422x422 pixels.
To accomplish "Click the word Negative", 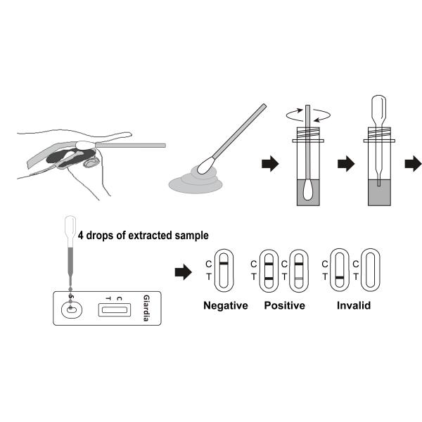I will [225, 306].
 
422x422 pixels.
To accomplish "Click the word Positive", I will [284, 306].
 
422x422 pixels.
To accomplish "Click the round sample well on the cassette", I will [70, 309].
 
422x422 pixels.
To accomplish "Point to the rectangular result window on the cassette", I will [113, 307].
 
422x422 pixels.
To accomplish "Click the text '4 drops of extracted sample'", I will [143, 235].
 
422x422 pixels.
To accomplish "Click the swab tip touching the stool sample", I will [205, 166].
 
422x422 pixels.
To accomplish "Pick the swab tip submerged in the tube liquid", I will [309, 189].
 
